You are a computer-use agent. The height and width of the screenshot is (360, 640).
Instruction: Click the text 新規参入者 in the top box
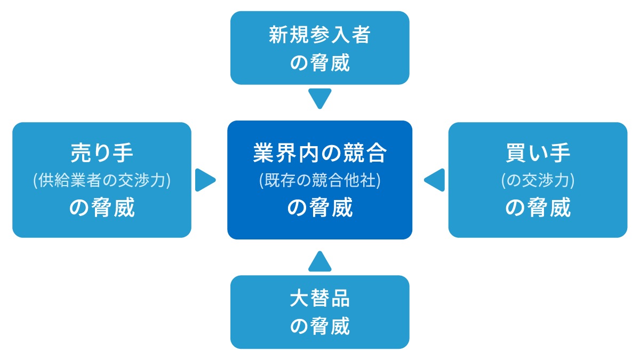click(319, 36)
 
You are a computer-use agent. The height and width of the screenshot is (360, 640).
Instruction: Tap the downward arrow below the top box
click(320, 98)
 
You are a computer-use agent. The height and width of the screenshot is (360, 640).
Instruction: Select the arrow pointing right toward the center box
click(204, 180)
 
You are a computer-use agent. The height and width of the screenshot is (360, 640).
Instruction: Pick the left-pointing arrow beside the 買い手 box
click(435, 180)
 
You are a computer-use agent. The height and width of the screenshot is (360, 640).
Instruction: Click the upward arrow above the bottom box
click(320, 262)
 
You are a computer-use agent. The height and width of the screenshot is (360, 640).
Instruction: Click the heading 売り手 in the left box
click(102, 153)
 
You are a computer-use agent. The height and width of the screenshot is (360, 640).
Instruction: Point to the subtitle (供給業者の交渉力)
click(102, 180)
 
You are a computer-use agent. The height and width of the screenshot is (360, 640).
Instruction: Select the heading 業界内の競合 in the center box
click(319, 153)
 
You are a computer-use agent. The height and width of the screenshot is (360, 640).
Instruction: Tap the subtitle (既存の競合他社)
click(319, 180)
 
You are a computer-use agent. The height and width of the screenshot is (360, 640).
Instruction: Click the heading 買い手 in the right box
click(538, 153)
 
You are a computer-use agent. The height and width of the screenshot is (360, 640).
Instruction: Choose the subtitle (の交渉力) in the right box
click(538, 180)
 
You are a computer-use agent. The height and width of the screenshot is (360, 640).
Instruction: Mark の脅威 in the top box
click(319, 63)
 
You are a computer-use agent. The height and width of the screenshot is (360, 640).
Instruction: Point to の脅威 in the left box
click(102, 207)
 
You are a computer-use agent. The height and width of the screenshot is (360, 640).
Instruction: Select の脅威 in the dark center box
click(319, 207)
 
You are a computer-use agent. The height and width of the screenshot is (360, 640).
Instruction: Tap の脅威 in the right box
click(538, 207)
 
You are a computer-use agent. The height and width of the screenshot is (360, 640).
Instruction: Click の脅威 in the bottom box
click(319, 326)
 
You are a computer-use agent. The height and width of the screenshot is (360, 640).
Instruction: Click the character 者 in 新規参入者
click(361, 36)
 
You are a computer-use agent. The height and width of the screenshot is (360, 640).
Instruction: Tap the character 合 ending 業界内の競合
click(377, 153)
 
